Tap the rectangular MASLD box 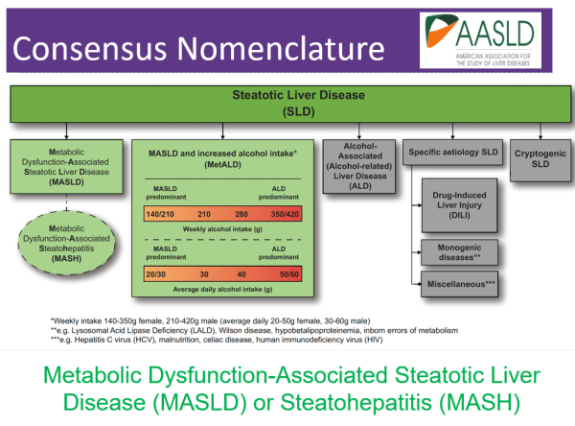[x=66, y=167]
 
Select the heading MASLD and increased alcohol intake [x=226, y=154]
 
